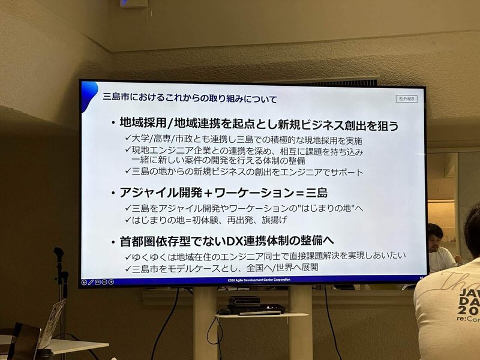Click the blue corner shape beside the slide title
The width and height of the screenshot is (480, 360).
pos(89,89)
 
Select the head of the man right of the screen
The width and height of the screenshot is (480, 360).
pos(436,234)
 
